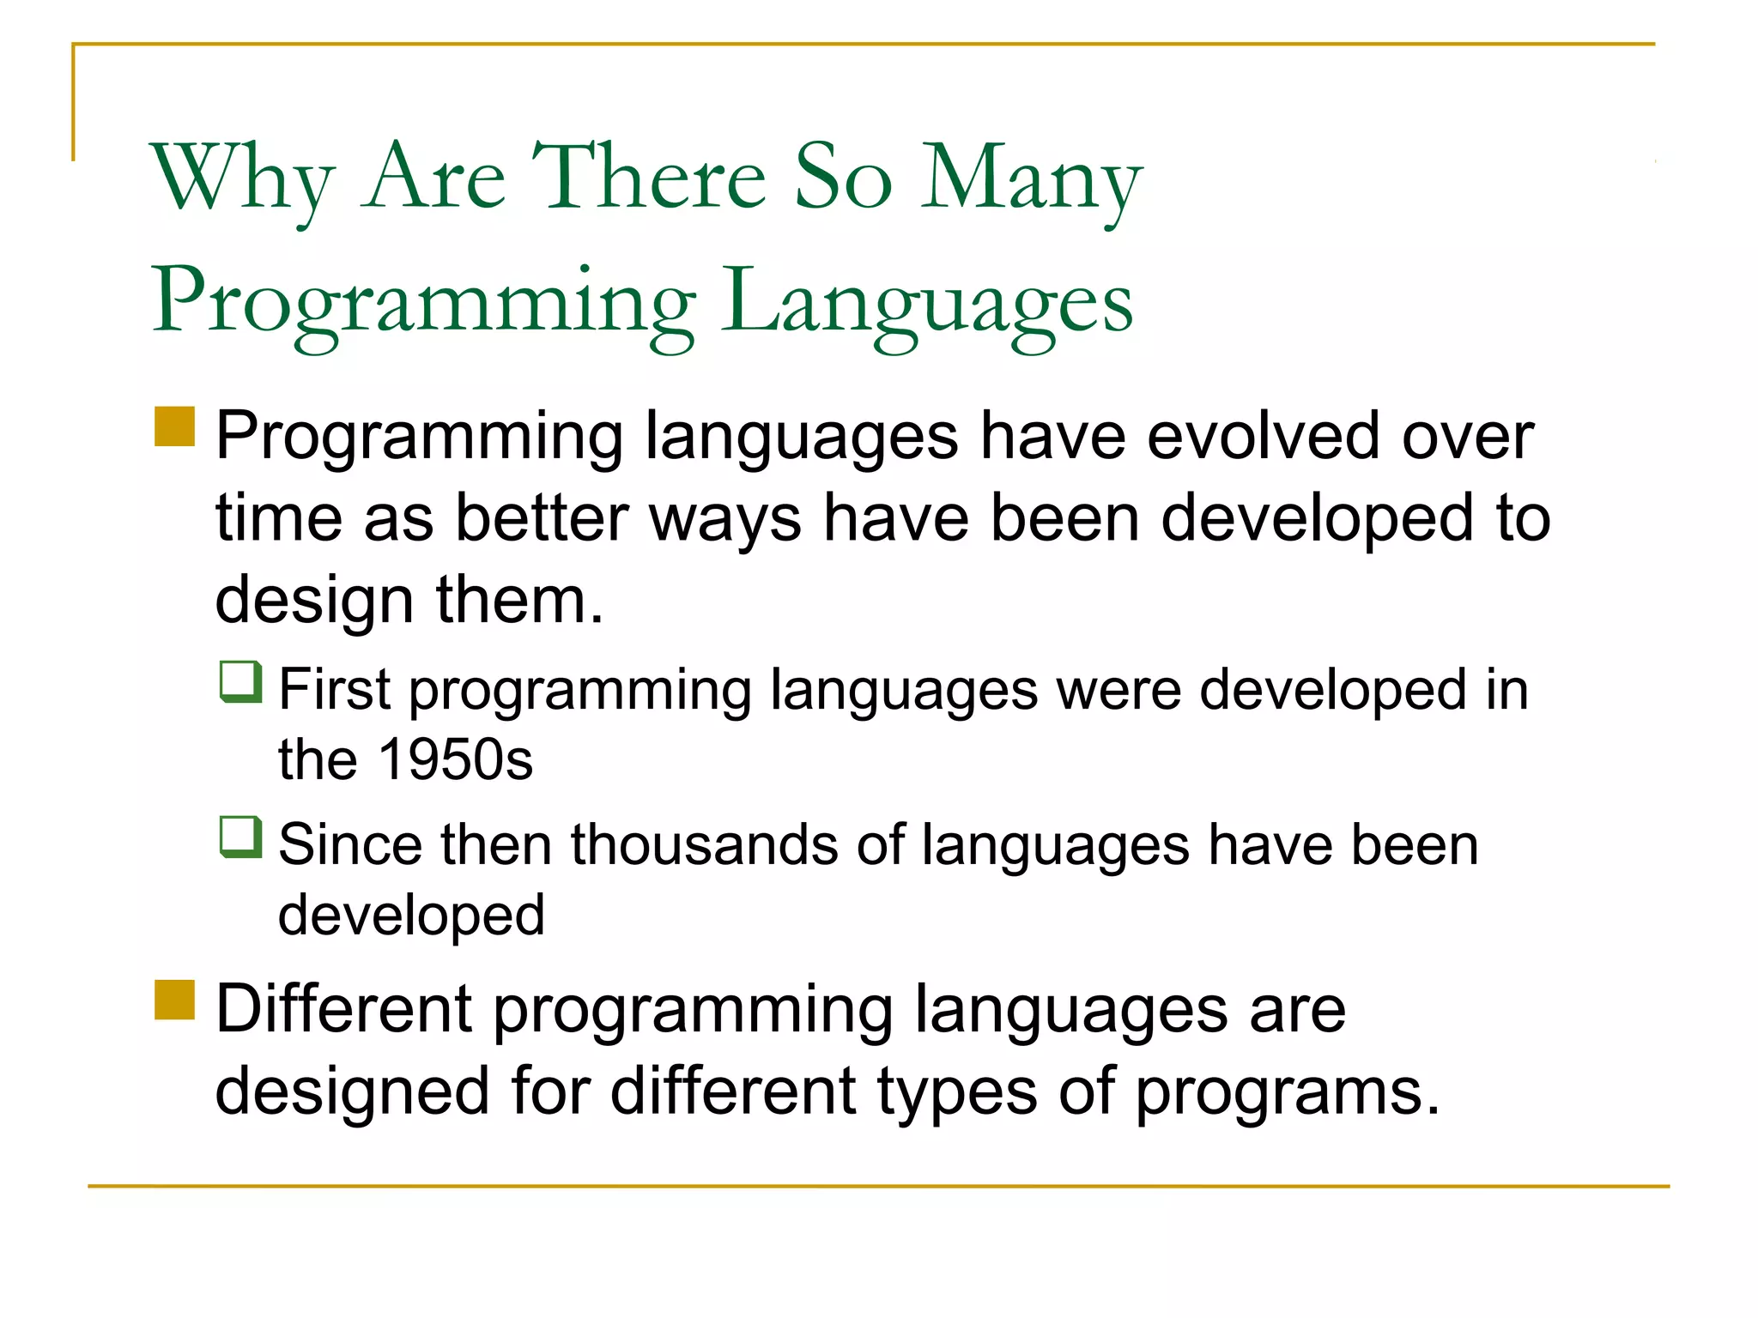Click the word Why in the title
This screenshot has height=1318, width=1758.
coord(242,178)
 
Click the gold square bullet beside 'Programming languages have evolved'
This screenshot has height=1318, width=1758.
coord(175,426)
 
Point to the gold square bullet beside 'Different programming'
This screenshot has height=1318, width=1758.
coord(175,1000)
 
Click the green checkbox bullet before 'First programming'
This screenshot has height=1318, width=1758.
coord(240,681)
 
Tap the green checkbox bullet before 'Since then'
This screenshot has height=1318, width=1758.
coord(240,837)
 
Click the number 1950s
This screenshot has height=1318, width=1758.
coord(456,759)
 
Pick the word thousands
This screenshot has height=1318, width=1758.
coord(704,844)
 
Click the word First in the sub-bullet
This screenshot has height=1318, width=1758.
coord(335,689)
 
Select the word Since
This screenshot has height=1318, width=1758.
coord(349,844)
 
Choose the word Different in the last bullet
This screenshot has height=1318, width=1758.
coord(343,1008)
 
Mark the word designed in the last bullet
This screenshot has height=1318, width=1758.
coord(352,1091)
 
